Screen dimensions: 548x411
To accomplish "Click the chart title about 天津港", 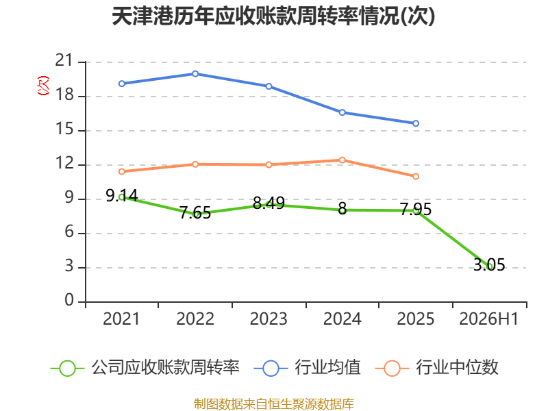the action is pos(273,16).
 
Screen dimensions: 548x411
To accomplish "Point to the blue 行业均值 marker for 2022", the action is pos(195,74).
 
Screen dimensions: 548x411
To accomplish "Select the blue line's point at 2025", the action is pos(416,123).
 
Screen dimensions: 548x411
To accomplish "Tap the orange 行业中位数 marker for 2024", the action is pos(342,160).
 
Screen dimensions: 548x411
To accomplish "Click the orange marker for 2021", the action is pos(122,172).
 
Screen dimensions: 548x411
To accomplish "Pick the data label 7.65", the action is pos(195,213).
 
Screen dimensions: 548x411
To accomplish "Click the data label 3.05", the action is pos(489,264).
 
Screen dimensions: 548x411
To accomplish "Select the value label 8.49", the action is pos(269,203).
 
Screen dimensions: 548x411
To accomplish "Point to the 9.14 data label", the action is pos(122,195).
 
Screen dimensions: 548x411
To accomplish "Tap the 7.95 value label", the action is pos(416,210).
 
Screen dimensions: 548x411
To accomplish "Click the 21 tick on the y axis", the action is pos(64,60).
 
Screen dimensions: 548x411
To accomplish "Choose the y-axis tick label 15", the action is pos(64,129).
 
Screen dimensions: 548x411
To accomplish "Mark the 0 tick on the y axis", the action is pos(69,300).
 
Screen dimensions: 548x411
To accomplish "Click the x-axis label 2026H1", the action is pos(489,319).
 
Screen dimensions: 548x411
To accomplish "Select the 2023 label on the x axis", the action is pos(269,319).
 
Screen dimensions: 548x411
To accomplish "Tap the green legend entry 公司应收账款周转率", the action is pos(145,368).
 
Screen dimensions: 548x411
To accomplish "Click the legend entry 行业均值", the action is pos(307,368).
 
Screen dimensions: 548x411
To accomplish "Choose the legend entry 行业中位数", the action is pos(436,368).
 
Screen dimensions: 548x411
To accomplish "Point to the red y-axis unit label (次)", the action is pos(43,86).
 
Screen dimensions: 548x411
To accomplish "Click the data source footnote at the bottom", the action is pos(274,403).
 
